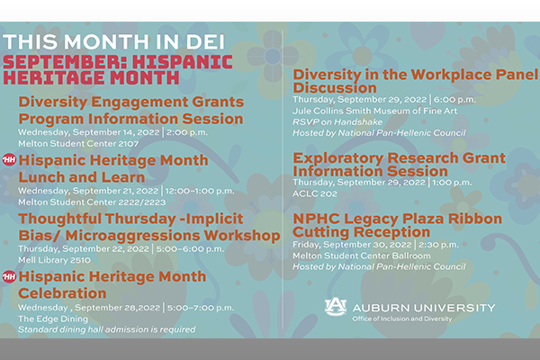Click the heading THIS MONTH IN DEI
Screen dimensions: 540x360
(114, 41)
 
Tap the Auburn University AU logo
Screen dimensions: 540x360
(336, 306)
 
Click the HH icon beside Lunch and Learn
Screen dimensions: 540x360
(9, 159)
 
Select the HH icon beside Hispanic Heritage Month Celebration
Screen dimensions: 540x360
(9, 276)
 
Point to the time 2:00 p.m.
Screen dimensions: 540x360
(187, 132)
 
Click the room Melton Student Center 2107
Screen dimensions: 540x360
(78, 144)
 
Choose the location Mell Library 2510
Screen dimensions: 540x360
(54, 260)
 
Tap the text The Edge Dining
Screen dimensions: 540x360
(53, 319)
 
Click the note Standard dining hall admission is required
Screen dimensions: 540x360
(107, 329)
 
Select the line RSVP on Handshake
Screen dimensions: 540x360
(337, 122)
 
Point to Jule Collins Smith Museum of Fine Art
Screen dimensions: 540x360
(375, 111)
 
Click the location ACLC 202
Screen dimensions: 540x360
(315, 193)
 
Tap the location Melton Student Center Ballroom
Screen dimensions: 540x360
(362, 256)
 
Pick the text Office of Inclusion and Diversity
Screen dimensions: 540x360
(402, 319)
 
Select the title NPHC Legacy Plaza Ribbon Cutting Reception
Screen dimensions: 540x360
(398, 225)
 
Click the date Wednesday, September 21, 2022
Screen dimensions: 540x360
(88, 191)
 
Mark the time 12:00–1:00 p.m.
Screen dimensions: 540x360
(200, 191)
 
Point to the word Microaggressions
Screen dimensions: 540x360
(132, 236)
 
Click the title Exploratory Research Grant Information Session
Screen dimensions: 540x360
(399, 165)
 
